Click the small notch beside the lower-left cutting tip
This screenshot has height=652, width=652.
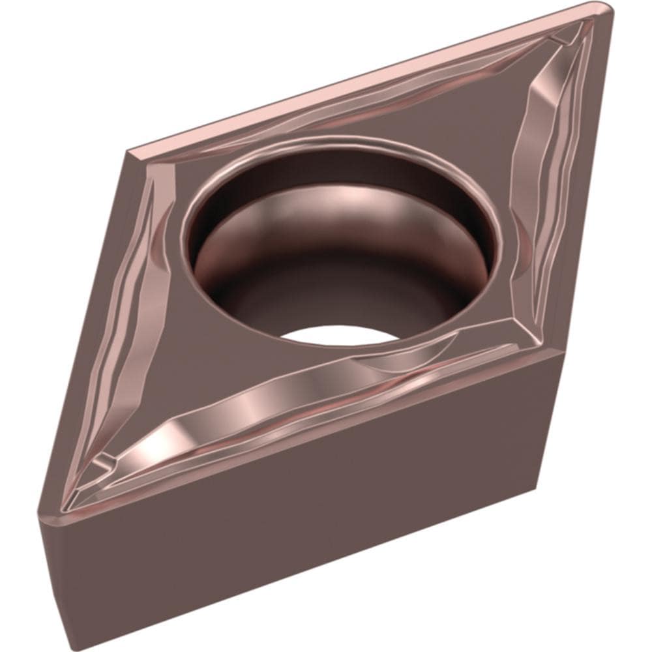click(101, 464)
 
